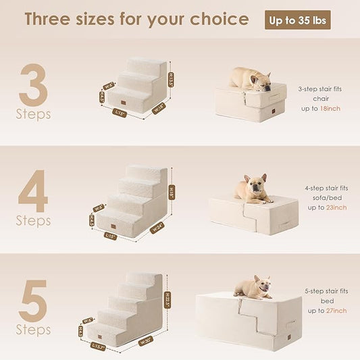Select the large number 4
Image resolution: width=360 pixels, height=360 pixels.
[32, 190]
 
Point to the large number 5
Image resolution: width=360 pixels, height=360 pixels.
[32, 301]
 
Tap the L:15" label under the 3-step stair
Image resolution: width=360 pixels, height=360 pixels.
[121, 113]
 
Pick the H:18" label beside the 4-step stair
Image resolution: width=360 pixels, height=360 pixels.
[172, 192]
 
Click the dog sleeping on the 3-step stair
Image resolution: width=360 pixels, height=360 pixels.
[251, 78]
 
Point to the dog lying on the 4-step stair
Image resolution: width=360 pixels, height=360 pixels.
[253, 188]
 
